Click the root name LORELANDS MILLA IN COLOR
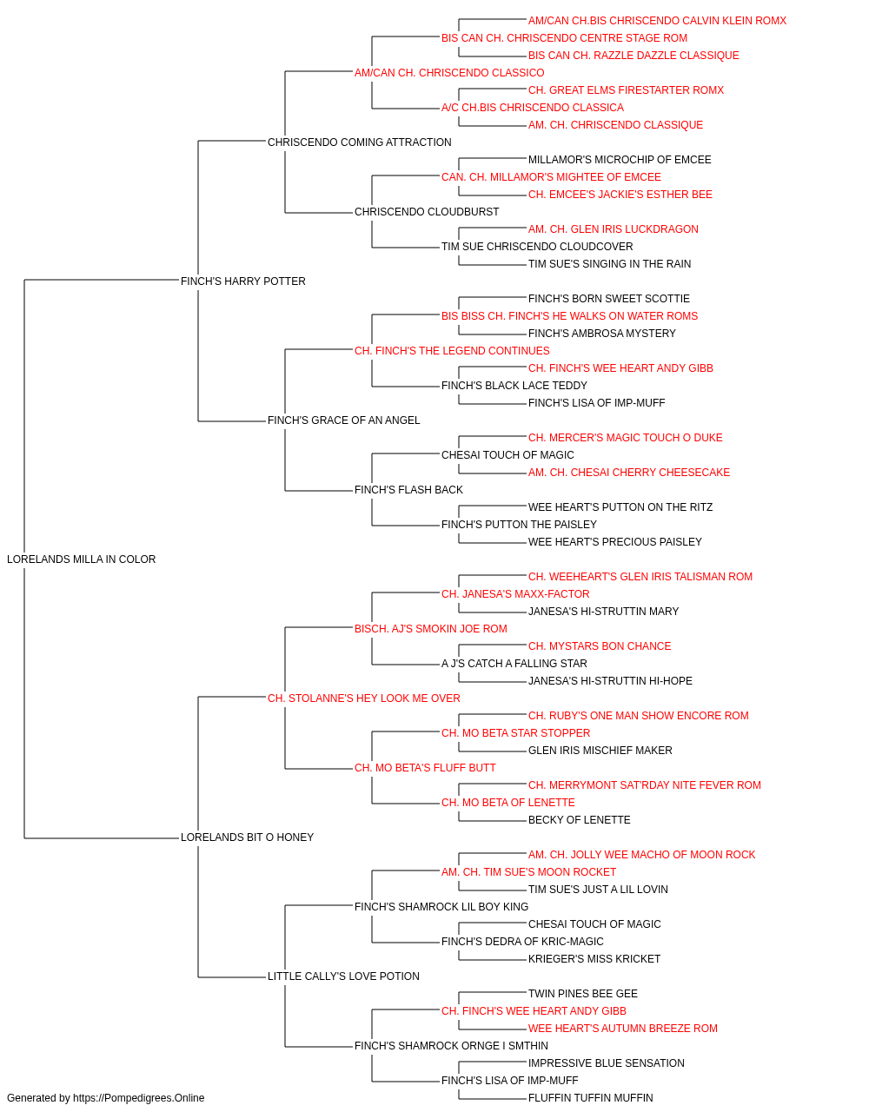tap(81, 559)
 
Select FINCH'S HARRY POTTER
tap(242, 281)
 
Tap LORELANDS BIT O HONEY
tap(247, 837)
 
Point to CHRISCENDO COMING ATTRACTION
tap(359, 142)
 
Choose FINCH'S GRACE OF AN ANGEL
tap(343, 420)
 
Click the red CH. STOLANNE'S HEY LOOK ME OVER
tap(364, 698)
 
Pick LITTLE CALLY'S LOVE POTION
tap(343, 976)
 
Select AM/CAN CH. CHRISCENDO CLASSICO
tap(448, 73)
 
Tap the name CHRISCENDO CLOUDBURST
tap(427, 211)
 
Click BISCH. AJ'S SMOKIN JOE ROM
tap(430, 628)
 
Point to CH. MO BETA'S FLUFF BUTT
tap(425, 768)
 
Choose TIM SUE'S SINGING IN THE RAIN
tap(609, 263)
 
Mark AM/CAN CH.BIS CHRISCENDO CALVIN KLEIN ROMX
tap(657, 21)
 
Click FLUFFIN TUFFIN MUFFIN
tap(590, 1098)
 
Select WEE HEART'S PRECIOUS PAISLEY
tap(614, 541)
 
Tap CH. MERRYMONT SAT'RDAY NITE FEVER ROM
tap(644, 785)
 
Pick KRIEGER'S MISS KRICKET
tap(594, 958)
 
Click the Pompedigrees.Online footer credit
tap(105, 1098)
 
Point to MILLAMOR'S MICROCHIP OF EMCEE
tap(620, 160)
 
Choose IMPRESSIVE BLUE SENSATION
tap(606, 1062)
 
